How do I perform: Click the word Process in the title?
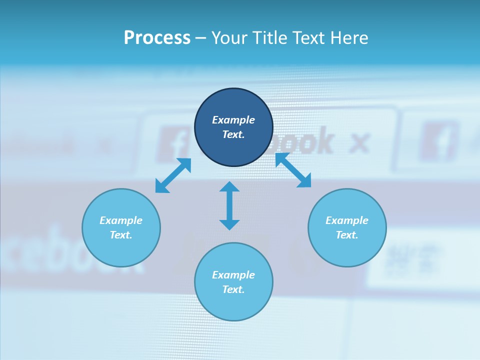pyautogui.click(x=157, y=38)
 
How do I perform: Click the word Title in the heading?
pyautogui.click(x=269, y=38)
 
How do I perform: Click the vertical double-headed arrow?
pyautogui.click(x=229, y=205)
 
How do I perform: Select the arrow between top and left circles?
pyautogui.click(x=173, y=175)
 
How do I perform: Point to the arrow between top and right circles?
pyautogui.click(x=293, y=170)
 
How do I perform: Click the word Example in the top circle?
pyautogui.click(x=233, y=120)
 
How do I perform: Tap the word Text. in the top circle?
pyautogui.click(x=233, y=134)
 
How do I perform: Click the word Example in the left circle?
pyautogui.click(x=121, y=220)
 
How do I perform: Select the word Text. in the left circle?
pyautogui.click(x=121, y=235)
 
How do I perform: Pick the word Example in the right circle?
pyautogui.click(x=347, y=220)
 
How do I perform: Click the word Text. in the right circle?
pyautogui.click(x=347, y=235)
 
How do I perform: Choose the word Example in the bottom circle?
pyautogui.click(x=233, y=275)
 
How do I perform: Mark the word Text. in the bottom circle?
pyautogui.click(x=233, y=289)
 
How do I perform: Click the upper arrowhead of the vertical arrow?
pyautogui.click(x=229, y=186)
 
